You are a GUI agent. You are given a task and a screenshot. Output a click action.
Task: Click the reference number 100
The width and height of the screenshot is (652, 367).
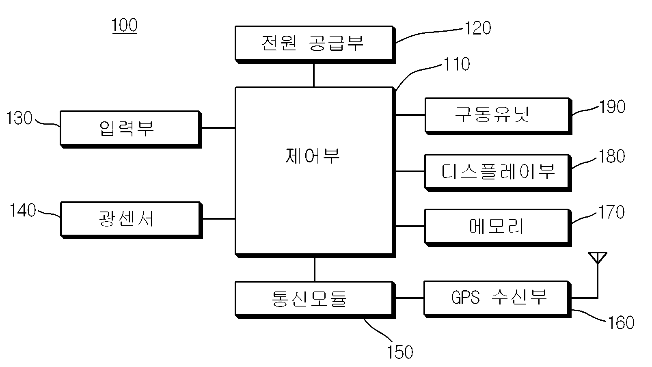125,25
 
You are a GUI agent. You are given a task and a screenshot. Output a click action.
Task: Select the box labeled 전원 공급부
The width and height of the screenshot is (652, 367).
315,45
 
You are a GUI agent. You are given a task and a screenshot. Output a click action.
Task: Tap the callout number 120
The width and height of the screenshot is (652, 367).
478,28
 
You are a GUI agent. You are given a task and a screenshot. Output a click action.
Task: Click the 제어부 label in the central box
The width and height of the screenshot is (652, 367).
312,156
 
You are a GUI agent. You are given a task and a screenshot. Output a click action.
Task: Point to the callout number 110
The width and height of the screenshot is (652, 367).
457,64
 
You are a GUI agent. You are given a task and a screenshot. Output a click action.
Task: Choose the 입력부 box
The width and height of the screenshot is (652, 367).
131,130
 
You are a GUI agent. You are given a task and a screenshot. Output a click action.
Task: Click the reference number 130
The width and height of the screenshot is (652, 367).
19,118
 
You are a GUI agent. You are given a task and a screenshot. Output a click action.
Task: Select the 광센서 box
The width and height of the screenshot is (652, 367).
131,220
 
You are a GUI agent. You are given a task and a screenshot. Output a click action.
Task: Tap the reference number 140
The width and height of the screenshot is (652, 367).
23,210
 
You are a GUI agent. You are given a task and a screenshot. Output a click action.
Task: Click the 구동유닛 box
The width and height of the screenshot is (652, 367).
498,116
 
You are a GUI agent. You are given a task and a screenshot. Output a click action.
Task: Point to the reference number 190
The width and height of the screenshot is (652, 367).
612,106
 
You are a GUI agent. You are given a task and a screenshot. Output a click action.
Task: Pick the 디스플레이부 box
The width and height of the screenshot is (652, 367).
498,173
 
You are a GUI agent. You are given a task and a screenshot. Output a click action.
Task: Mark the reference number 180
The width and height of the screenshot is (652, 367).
612,156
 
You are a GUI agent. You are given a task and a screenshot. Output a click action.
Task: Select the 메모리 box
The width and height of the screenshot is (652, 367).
498,228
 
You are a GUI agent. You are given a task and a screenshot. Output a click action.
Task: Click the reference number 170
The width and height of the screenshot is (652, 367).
611,212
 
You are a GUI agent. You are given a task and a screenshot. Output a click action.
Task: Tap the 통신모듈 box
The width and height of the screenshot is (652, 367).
315,300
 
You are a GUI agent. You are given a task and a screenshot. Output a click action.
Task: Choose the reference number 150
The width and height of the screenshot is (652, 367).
400,352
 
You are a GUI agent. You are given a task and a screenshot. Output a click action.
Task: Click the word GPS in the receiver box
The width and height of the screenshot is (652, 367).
465,298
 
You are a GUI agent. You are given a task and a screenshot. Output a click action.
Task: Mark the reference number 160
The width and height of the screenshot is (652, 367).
621,322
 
